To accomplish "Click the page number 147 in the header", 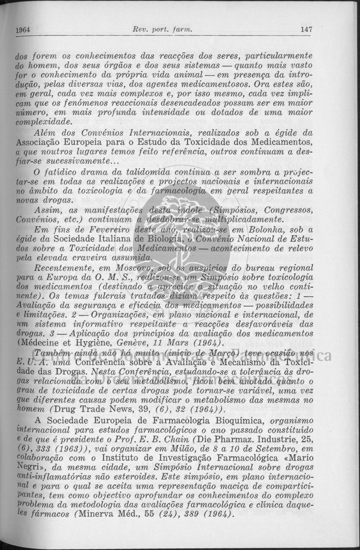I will point(306,30).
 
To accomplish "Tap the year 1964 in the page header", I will point(23,30).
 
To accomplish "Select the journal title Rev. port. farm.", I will point(163,30).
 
